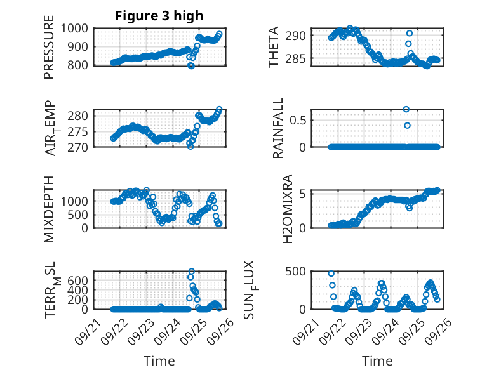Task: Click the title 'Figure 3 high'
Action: (159, 16)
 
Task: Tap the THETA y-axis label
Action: (274, 47)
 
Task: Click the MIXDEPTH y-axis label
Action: (49, 209)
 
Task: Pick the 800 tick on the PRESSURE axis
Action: (80, 65)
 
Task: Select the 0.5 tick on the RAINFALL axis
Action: (299, 119)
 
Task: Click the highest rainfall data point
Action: (406, 109)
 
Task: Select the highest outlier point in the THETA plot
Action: (410, 33)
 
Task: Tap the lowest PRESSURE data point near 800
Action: (191, 65)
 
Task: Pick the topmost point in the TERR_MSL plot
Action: (191, 272)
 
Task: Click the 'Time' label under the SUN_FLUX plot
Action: (377, 361)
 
